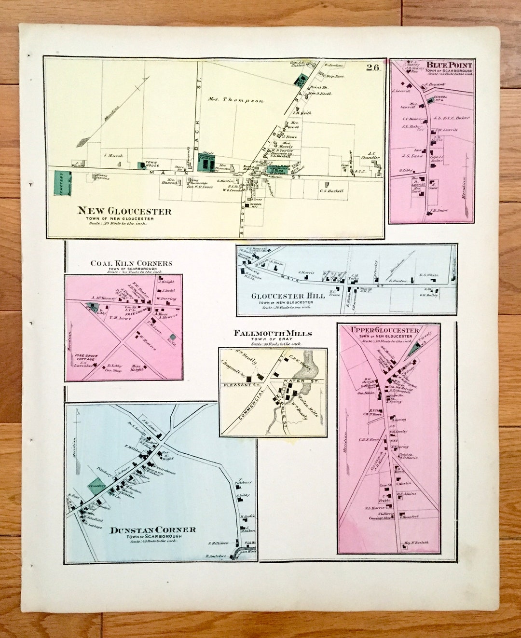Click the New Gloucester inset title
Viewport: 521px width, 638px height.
click(124, 211)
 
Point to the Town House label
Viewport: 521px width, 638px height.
click(152, 164)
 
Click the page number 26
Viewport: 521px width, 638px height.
click(372, 68)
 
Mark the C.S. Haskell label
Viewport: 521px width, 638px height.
click(331, 191)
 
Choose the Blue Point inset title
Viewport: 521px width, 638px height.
click(449, 65)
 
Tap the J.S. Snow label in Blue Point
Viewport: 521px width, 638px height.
click(412, 155)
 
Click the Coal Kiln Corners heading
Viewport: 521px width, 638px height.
click(131, 263)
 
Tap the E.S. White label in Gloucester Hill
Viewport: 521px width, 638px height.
click(429, 275)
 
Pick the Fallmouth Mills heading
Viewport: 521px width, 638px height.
click(273, 333)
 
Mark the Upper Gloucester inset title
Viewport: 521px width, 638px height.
click(385, 330)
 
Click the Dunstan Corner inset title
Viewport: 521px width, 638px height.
click(153, 529)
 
